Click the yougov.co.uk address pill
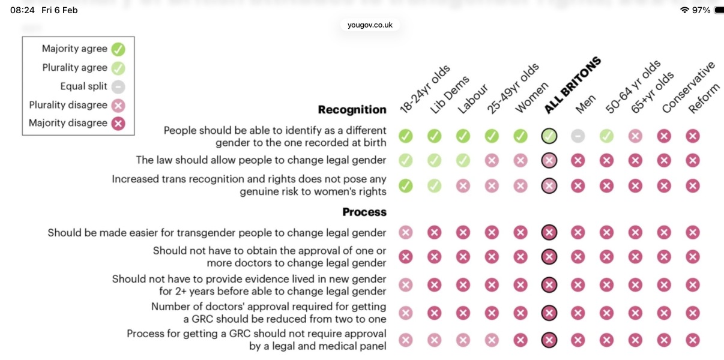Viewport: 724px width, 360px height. click(369, 25)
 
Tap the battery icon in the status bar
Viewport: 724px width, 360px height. click(719, 10)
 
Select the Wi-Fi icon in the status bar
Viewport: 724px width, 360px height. click(684, 10)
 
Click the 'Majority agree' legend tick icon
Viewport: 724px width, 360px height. click(118, 49)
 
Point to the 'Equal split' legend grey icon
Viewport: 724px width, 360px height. click(118, 86)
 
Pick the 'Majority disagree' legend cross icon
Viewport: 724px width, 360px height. click(118, 124)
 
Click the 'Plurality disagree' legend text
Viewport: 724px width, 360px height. click(68, 105)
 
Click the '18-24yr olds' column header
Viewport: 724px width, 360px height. click(423, 90)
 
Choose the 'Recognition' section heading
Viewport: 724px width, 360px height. click(352, 110)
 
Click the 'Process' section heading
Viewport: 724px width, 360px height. click(364, 212)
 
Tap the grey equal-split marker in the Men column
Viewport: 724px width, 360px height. click(578, 136)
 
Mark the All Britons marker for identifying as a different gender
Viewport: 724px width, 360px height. click(549, 136)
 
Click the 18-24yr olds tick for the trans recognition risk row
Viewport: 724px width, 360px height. click(406, 186)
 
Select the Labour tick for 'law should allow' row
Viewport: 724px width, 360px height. click(463, 160)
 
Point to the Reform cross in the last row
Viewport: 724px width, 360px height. click(693, 340)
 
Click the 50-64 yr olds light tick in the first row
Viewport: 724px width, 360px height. click(606, 136)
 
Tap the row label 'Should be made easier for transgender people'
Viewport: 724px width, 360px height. click(217, 233)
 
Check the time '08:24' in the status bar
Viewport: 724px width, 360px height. click(22, 10)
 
